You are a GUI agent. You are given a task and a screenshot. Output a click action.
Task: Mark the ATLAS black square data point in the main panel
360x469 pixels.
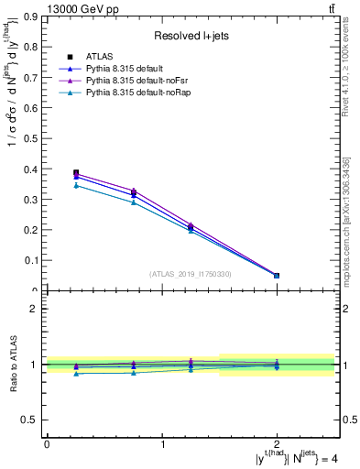pos(76,172)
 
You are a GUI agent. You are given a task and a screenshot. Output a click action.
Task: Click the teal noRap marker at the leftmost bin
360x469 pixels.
pos(76,185)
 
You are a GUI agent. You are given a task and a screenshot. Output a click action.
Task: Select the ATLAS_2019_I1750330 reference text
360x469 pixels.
pos(191,274)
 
